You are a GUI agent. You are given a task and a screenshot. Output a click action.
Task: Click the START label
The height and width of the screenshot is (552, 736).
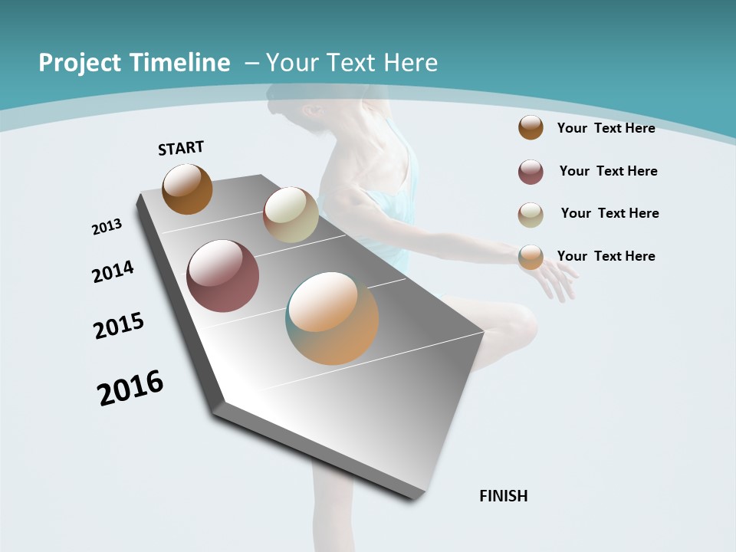click(181, 147)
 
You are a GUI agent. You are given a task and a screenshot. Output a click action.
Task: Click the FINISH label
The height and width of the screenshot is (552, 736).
click(503, 496)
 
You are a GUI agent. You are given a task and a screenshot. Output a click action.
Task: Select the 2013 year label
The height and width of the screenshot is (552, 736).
click(107, 226)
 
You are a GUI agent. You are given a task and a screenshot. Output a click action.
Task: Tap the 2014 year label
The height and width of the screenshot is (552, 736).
click(113, 271)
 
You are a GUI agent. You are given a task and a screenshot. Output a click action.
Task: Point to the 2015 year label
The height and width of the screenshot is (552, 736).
click(119, 326)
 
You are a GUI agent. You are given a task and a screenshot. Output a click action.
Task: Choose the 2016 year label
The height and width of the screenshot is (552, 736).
click(130, 388)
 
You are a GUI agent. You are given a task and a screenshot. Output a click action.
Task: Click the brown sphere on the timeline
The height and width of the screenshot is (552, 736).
click(187, 189)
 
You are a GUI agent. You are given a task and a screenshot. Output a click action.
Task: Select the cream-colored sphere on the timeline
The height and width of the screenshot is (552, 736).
click(291, 215)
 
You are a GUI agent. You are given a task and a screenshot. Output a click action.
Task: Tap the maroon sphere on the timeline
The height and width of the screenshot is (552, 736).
click(222, 276)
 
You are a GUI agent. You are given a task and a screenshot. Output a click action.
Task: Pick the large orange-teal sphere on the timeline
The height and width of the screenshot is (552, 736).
click(332, 318)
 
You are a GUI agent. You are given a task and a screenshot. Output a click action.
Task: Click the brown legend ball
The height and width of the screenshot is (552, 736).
click(531, 127)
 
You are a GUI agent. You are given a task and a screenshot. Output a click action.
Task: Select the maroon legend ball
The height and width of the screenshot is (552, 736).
click(531, 172)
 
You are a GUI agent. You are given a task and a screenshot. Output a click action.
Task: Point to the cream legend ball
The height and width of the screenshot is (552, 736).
click(531, 215)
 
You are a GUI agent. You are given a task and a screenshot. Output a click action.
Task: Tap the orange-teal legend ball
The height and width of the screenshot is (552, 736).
click(531, 257)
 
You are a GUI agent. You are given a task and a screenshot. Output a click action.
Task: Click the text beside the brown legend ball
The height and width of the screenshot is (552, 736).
click(606, 128)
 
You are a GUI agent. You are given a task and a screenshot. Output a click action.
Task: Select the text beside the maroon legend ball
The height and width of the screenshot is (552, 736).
click(608, 171)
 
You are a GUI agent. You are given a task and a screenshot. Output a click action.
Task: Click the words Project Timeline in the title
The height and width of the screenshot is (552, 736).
click(134, 63)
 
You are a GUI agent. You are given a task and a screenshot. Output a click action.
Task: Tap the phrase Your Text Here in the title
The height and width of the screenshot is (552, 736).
click(351, 63)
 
